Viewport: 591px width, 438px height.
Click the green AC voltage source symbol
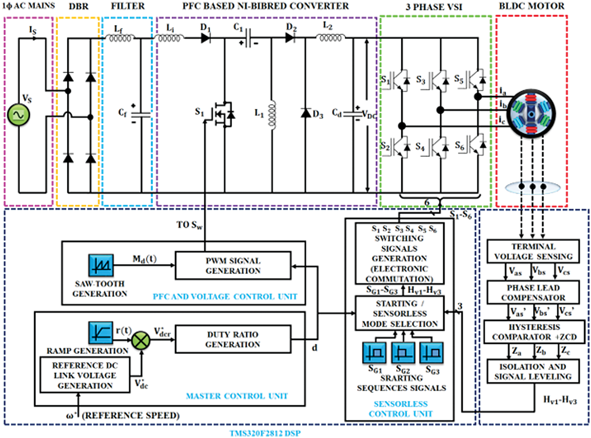pyautogui.click(x=18, y=115)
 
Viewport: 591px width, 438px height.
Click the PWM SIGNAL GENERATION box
pyautogui.click(x=233, y=265)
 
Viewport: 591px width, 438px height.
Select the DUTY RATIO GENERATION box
pyautogui.click(x=233, y=339)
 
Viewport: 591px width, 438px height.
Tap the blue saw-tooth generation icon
pyautogui.click(x=101, y=265)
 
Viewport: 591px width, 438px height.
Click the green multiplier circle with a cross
pyautogui.click(x=141, y=340)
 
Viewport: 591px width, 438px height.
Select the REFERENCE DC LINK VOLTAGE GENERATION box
pyautogui.click(x=85, y=375)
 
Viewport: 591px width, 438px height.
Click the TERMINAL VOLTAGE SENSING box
pyautogui.click(x=533, y=251)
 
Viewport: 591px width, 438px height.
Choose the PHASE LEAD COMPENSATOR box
pyautogui.click(x=533, y=293)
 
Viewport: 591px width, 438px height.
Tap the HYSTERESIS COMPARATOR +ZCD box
pyautogui.click(x=534, y=332)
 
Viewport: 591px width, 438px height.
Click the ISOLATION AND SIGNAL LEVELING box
pyautogui.click(x=533, y=372)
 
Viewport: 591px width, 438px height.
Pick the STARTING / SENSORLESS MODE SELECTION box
pyautogui.click(x=400, y=313)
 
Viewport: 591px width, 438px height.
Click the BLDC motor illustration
pyautogui.click(x=531, y=114)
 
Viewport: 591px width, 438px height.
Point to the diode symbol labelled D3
pyautogui.click(x=306, y=113)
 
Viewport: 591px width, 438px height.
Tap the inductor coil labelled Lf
pyautogui.click(x=120, y=38)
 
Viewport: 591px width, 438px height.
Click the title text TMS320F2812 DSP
pyautogui.click(x=265, y=433)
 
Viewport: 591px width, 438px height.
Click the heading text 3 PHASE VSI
pyautogui.click(x=434, y=7)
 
